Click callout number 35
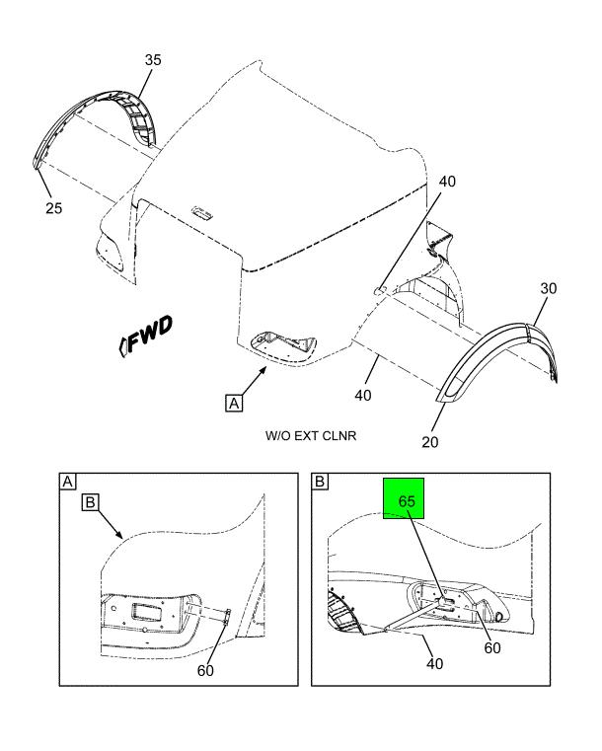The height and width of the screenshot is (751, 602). (152, 61)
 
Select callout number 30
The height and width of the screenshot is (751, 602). (550, 288)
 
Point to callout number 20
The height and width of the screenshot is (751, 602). (429, 441)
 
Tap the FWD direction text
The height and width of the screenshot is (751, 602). (147, 338)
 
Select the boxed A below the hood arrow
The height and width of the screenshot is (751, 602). (234, 403)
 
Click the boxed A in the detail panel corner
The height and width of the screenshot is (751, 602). (68, 482)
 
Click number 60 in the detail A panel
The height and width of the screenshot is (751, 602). (204, 672)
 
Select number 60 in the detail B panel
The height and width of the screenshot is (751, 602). (490, 648)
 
